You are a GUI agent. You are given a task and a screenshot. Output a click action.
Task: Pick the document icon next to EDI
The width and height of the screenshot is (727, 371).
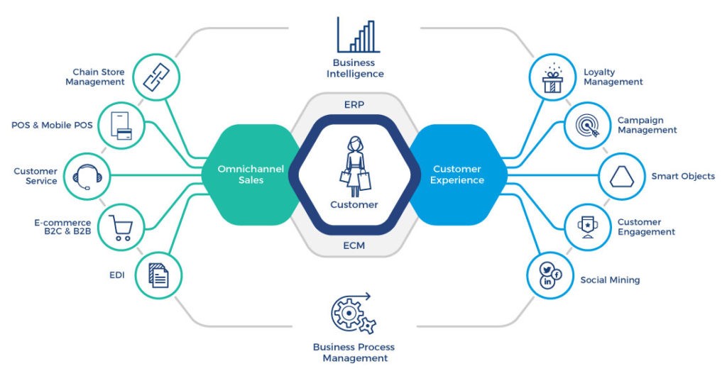click(x=157, y=274)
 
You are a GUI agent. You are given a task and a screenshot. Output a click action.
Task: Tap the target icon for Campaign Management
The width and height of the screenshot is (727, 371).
click(x=588, y=126)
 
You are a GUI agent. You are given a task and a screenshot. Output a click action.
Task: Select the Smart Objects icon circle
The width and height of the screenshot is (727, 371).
click(x=621, y=176)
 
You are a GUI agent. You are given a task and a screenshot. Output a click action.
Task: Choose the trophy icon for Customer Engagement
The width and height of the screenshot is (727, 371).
click(x=588, y=226)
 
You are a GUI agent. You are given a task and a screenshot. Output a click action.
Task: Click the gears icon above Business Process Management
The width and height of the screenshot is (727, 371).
click(x=354, y=313)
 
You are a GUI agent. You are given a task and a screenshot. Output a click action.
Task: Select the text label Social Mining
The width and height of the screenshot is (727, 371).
click(x=610, y=280)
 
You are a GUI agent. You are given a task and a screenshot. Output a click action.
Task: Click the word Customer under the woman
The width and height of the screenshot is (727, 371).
click(x=354, y=205)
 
